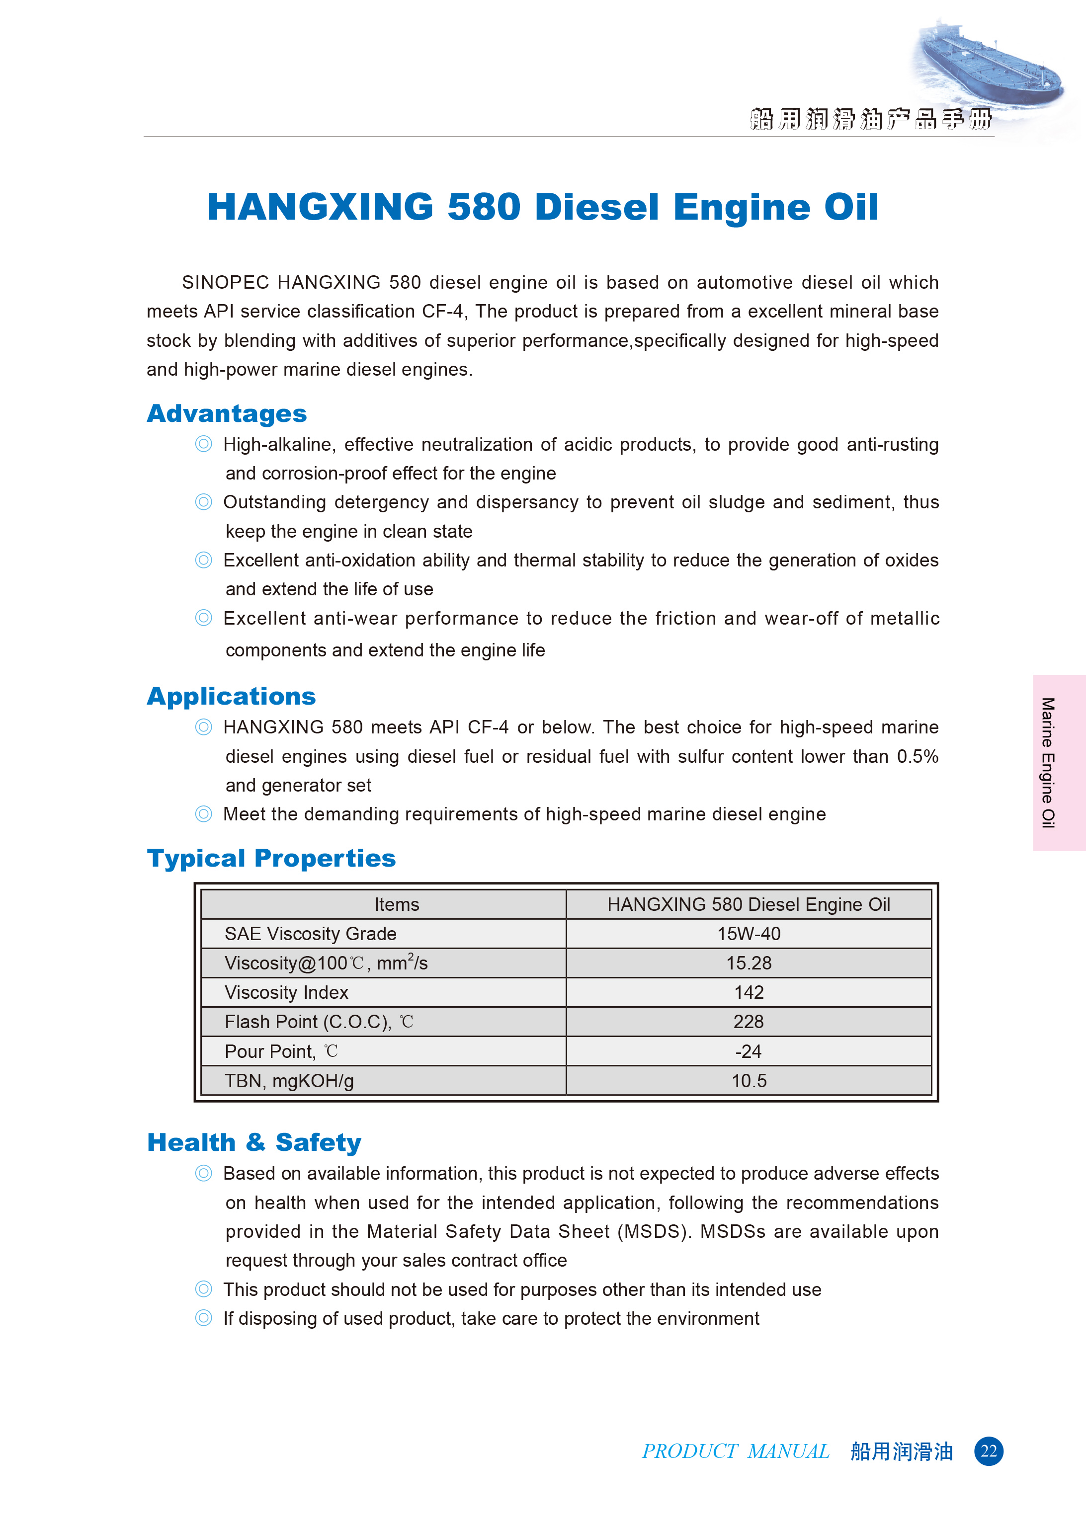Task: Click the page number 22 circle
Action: point(989,1451)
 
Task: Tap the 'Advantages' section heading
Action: point(227,414)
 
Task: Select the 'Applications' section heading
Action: point(232,697)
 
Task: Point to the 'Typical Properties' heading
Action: point(271,858)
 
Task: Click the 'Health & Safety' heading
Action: point(254,1142)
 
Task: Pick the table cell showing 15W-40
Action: point(749,934)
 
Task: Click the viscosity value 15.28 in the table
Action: point(749,963)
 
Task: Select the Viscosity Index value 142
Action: point(749,993)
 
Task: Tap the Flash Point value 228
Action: point(749,1022)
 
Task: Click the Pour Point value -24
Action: point(749,1051)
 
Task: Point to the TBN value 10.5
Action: point(749,1081)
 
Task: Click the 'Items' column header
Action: point(397,904)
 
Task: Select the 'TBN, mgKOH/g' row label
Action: point(289,1081)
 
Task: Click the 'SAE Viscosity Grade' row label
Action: point(310,934)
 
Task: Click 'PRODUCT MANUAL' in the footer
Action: point(736,1451)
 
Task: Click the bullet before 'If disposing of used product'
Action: point(203,1318)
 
